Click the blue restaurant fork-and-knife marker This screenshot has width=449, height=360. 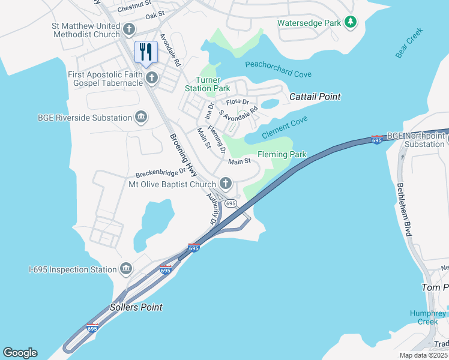[x=146, y=52]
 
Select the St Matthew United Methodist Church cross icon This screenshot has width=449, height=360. [x=128, y=29]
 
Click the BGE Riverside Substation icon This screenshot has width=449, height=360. [x=141, y=117]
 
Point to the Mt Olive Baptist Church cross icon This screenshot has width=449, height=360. [x=226, y=184]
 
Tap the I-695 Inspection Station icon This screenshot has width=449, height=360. [x=126, y=269]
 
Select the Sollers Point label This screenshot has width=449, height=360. [x=136, y=307]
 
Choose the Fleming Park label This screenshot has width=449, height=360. [x=282, y=154]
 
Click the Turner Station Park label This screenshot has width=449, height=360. [x=212, y=85]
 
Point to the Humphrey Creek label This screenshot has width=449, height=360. [x=428, y=317]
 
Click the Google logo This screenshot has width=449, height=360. [x=20, y=353]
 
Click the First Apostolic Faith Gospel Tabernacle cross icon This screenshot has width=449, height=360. [x=152, y=77]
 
